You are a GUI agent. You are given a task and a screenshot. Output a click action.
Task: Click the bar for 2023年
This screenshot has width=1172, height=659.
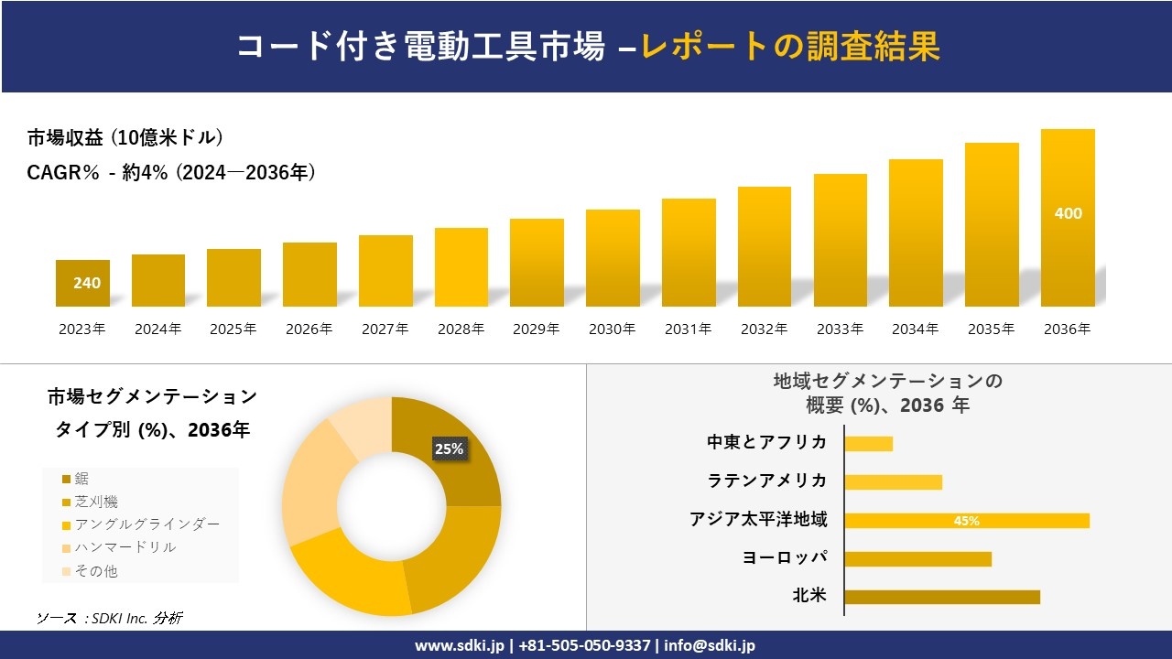coord(82,283)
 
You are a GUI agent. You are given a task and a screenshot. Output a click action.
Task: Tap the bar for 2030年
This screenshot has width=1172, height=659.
coord(613,258)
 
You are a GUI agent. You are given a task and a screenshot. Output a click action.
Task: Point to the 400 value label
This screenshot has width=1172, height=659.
coord(1068,213)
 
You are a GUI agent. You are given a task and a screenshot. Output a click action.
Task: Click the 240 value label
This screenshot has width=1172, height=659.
coord(87,283)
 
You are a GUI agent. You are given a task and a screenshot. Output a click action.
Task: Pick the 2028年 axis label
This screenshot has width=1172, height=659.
coord(461,329)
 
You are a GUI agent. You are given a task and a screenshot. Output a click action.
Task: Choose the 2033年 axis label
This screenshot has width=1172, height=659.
coord(840,329)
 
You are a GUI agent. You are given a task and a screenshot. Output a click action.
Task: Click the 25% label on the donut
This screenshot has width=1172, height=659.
coord(449,448)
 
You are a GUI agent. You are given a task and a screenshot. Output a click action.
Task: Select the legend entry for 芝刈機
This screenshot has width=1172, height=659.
coord(96,502)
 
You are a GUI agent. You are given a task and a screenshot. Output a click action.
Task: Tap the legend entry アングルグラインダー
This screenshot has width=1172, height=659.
coord(146,524)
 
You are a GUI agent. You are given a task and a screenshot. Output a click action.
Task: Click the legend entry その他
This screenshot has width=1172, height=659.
coord(96,571)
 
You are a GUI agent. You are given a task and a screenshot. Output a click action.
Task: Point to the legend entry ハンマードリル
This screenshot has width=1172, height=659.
coord(125,547)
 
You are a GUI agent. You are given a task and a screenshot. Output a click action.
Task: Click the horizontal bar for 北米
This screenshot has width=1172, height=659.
coord(942,597)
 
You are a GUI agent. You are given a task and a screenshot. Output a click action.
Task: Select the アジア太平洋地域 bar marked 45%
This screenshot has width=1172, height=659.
coord(967,521)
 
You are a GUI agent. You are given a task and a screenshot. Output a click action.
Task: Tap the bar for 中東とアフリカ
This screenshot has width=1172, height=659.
coord(868,444)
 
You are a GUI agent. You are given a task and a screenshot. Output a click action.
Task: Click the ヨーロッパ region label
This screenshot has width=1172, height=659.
coord(785,557)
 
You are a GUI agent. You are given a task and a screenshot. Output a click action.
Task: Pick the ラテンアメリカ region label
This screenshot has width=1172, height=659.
coord(767,481)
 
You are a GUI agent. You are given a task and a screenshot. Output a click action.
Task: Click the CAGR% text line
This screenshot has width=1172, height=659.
coord(171,172)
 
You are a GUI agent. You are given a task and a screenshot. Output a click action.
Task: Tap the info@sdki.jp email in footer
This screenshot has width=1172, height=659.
coord(711,645)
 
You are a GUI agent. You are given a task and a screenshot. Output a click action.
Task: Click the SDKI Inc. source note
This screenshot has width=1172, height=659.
coord(110,618)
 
